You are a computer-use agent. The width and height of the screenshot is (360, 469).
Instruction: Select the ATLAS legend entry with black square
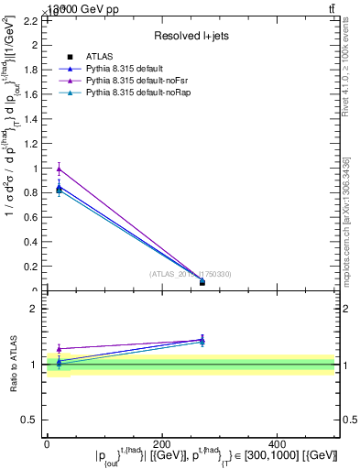[97, 57]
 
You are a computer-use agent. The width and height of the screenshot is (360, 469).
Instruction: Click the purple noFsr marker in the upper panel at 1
[59, 169]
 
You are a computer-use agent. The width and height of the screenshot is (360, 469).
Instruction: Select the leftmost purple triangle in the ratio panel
[59, 349]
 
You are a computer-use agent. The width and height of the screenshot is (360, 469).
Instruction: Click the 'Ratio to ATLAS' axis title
[13, 364]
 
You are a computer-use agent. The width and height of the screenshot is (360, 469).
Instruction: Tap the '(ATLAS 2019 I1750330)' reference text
[191, 274]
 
